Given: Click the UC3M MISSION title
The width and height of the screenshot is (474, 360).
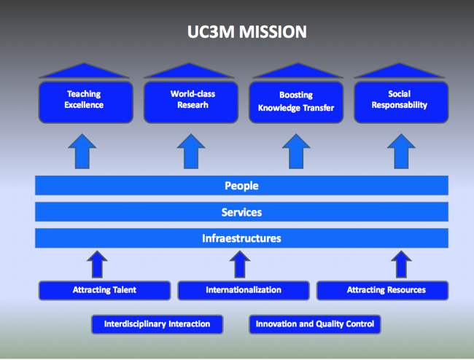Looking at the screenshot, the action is [247, 32].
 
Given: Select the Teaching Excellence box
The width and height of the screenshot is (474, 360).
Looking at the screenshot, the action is [86, 102].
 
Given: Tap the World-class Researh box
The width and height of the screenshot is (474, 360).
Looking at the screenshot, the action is [191, 102].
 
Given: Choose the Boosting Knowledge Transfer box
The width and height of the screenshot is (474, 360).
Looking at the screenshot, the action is [296, 102].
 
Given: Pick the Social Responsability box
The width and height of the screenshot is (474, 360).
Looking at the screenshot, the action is [401, 102].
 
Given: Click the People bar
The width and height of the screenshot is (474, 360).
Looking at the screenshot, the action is [241, 185].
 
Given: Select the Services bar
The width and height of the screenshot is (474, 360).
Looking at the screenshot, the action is [241, 212].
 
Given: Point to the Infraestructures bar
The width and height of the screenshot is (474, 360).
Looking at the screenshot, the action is [241, 238].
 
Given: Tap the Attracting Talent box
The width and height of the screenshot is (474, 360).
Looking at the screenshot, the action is [104, 290].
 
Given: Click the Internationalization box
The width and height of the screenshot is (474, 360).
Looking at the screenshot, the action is [244, 290].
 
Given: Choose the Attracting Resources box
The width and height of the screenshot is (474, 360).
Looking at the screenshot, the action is [382, 290].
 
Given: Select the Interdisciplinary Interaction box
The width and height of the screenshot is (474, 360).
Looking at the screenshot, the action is [158, 324].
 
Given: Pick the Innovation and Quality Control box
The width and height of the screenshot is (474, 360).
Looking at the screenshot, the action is [315, 324].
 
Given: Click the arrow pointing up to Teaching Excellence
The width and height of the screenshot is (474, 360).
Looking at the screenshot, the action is [82, 152].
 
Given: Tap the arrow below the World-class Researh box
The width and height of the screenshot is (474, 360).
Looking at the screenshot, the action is [191, 152].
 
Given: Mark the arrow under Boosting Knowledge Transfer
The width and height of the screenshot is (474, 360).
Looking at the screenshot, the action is [296, 152].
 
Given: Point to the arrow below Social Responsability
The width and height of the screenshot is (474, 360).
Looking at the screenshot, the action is [401, 152].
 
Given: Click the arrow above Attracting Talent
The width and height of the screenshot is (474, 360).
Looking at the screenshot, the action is [97, 265].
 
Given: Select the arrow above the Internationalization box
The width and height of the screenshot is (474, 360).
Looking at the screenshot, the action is [240, 265].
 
